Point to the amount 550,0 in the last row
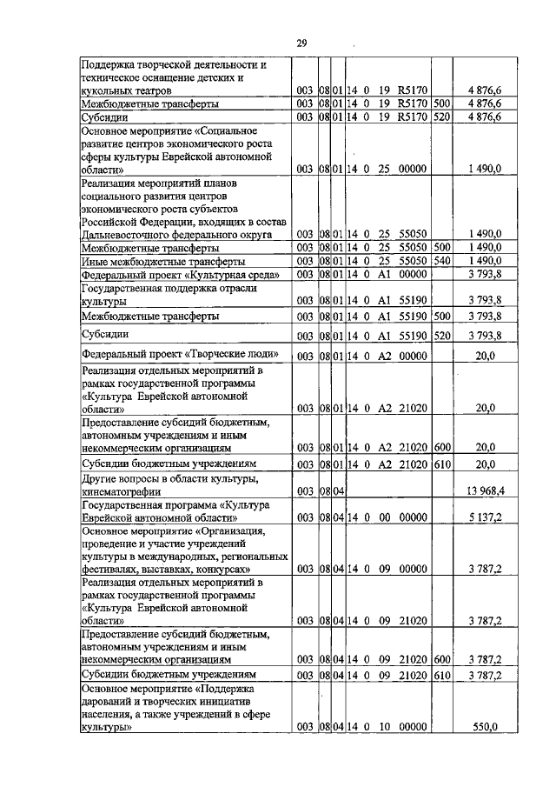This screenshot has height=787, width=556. point(490,727)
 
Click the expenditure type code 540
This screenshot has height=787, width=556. point(440,260)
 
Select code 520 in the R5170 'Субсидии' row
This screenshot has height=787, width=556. point(440,116)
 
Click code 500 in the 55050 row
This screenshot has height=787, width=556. point(440,248)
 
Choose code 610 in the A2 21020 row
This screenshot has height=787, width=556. point(440,464)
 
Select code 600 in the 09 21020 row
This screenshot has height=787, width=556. point(440,660)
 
